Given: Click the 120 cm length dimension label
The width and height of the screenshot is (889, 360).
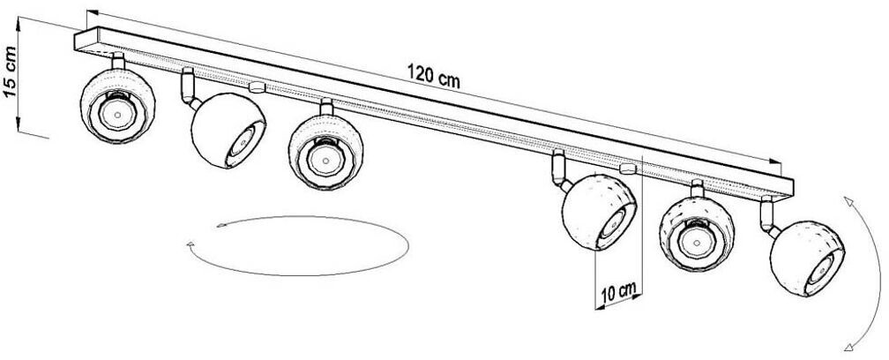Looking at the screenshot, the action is coord(433,74).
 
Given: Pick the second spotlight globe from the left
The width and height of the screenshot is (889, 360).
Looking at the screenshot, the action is coord(225,130).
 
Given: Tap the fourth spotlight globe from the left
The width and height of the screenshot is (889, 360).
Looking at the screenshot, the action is coord(598,214).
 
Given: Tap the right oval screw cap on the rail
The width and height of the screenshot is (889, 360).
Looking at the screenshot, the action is coord(628,166).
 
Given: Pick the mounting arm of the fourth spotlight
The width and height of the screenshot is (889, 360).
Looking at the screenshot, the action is coord(557,169).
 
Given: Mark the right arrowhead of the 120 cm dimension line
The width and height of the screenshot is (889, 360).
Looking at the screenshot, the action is coord(777,164).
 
